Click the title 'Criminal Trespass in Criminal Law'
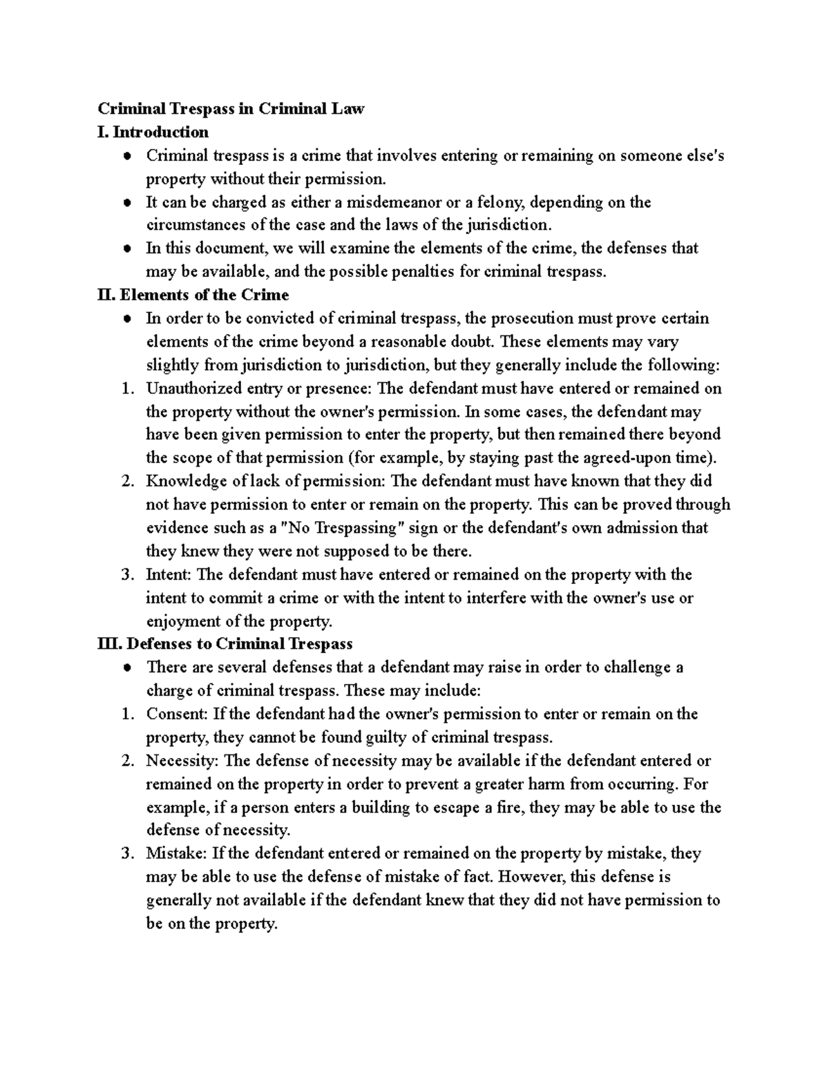pyautogui.click(x=230, y=108)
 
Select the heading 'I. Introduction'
pyautogui.click(x=153, y=131)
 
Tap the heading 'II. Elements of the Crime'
pyautogui.click(x=193, y=295)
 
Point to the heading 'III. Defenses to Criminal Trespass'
pyautogui.click(x=225, y=644)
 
